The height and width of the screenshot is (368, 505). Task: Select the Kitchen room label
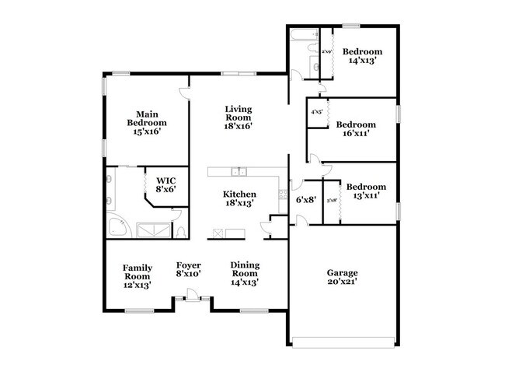pos(240,198)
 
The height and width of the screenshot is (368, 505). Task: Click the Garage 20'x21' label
pos(342,278)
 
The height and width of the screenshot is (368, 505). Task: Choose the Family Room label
pos(137,276)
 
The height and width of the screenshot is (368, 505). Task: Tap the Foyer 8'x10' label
pos(189,270)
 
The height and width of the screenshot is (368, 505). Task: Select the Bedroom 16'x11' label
pos(356,128)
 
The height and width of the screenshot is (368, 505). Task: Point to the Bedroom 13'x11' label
pos(366,191)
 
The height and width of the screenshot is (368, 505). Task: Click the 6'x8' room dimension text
pos(305,199)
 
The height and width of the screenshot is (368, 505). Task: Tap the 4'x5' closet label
pos(317,112)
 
